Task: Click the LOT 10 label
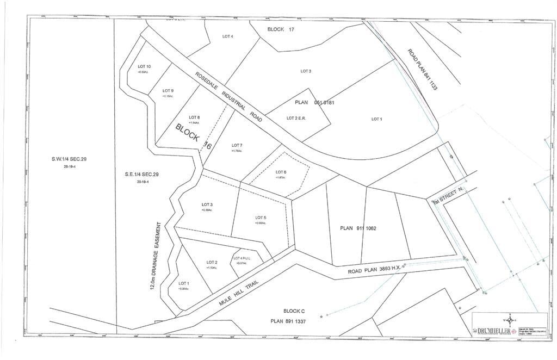coord(144,66)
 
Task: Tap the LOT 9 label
coord(168,91)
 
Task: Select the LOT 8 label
coord(194,117)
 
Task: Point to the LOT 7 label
coord(237,145)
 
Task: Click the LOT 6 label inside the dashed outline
coord(281,172)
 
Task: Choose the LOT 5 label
coord(261,218)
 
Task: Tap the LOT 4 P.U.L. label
coord(240,258)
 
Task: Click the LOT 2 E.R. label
coord(296,118)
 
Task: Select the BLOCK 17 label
coord(281,29)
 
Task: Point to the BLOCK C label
coord(294,311)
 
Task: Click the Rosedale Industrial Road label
coord(229,97)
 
